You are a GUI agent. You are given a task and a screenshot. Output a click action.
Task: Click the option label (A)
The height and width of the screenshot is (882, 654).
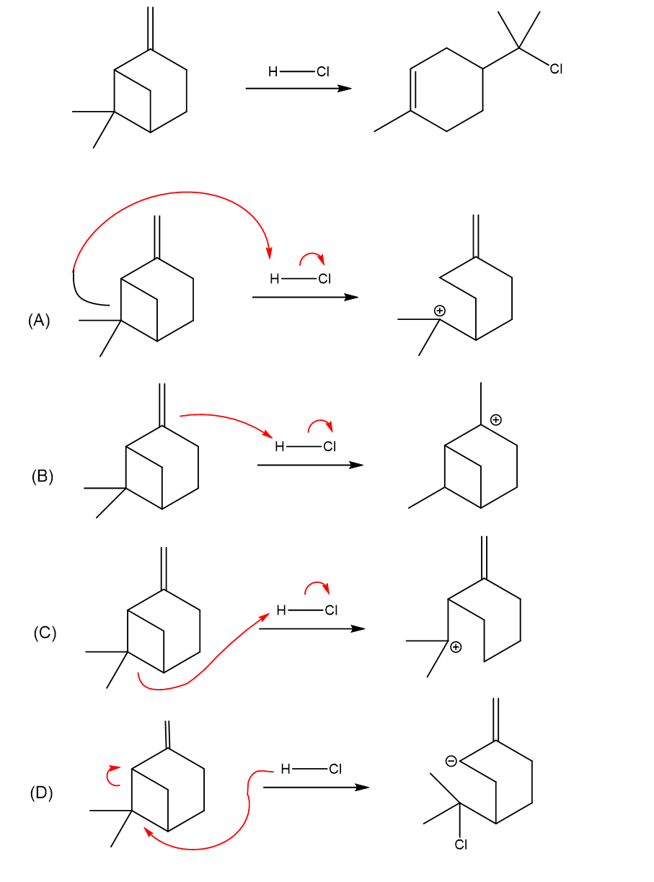39,320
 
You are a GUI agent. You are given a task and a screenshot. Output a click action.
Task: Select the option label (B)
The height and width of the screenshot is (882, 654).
42,476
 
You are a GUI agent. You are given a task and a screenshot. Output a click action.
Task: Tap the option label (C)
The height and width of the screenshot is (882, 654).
45,633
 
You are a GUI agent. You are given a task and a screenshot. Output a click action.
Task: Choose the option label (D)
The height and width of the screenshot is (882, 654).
41,793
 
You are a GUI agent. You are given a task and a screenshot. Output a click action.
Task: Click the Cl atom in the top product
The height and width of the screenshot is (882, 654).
555,69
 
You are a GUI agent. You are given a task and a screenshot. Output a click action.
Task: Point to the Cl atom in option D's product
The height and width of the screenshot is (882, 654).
461,845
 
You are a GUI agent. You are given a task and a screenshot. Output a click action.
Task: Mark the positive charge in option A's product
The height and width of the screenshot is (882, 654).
439,311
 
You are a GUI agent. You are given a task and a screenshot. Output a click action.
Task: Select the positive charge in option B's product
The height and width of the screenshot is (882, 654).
495,419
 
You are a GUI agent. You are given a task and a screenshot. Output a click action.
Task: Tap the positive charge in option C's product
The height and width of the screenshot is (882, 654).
455,648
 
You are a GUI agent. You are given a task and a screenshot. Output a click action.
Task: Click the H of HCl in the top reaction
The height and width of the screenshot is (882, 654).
273,71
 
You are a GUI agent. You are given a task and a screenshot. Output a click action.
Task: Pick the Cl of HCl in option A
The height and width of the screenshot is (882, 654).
324,280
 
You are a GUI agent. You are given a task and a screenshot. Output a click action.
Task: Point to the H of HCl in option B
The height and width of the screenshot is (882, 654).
280,447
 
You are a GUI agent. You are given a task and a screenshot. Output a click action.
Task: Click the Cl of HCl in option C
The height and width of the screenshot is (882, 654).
331,610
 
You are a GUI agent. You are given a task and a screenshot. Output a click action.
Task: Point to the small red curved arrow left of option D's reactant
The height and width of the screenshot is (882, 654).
112,775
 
